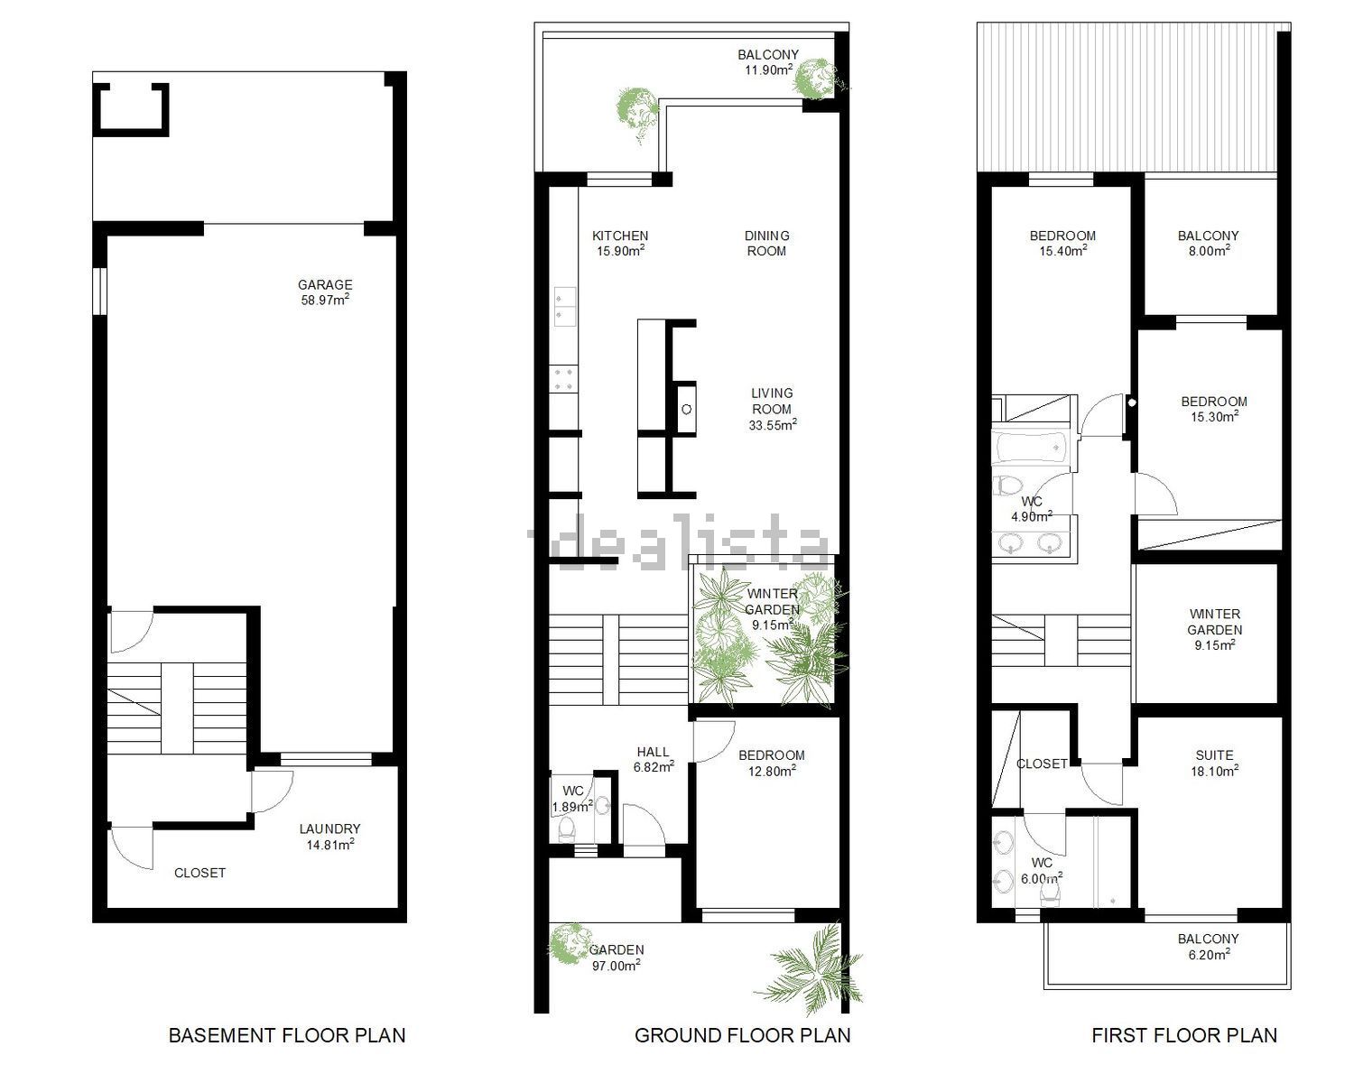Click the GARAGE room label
coord(325,285)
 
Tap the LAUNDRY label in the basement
coord(329,829)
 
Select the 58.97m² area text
coord(325,300)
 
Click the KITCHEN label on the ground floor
coord(620,236)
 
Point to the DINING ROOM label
coord(766,244)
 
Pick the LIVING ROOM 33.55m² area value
coord(773,425)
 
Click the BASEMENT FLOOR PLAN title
coord(287,1035)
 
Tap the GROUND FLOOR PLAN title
coord(742,1035)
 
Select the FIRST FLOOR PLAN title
coord(1184,1035)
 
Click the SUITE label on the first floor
coord(1214,755)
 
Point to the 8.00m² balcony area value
coord(1208,251)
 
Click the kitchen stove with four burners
coord(563,379)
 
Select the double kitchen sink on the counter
coord(564,307)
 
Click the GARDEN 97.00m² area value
coord(617,965)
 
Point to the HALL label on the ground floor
coord(654,752)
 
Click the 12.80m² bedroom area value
coord(772,771)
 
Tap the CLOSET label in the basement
coord(200,873)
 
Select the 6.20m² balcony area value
coord(1208,954)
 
